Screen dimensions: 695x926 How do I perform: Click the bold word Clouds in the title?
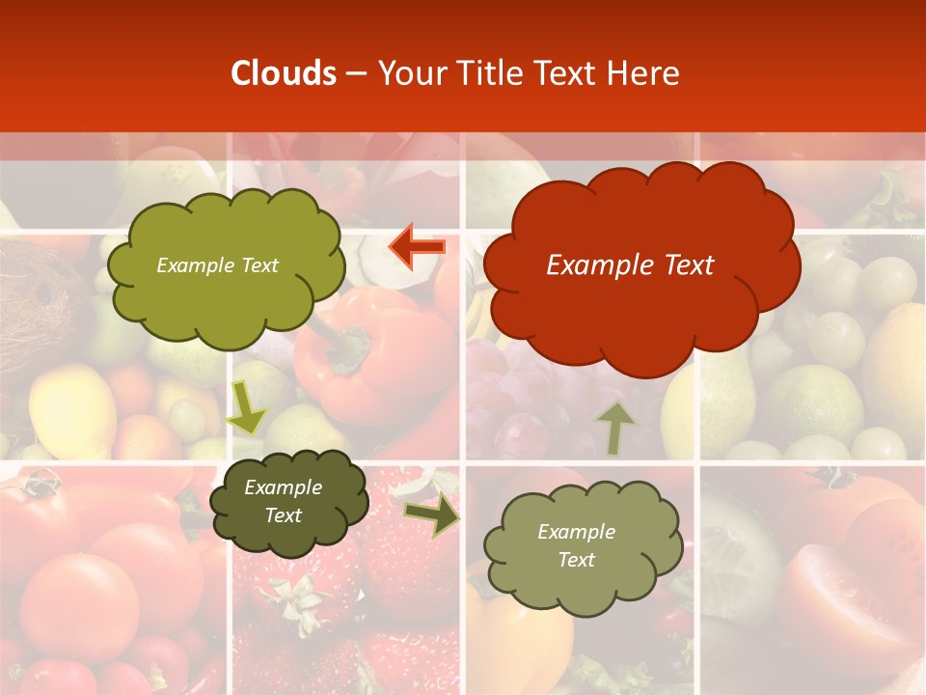(x=284, y=73)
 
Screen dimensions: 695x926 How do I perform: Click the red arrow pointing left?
(x=418, y=246)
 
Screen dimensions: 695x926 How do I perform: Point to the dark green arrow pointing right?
(x=432, y=515)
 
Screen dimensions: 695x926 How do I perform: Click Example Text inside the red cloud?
(x=630, y=265)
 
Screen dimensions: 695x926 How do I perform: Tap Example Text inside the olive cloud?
(x=217, y=265)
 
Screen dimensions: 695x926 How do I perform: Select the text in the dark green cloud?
(x=284, y=502)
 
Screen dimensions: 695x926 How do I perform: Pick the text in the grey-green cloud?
(x=576, y=545)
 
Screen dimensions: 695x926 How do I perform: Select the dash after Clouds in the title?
(x=355, y=73)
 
